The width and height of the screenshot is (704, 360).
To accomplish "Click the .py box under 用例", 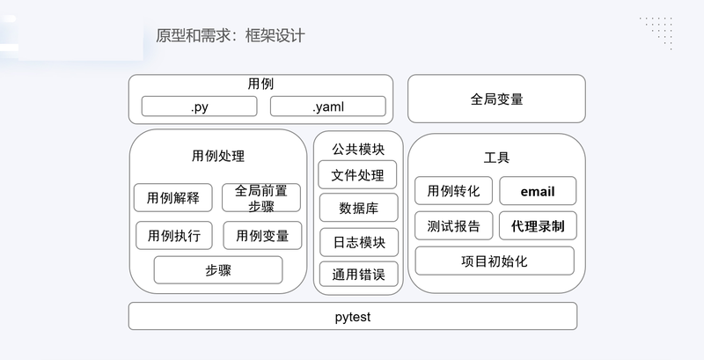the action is [200, 107].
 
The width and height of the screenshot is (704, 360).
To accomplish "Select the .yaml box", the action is [327, 107].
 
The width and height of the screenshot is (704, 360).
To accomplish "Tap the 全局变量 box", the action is [496, 99].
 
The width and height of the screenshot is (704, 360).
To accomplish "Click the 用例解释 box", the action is [172, 197].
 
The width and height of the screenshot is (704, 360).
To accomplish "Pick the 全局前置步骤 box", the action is [261, 197].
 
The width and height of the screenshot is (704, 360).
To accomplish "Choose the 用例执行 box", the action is [174, 235].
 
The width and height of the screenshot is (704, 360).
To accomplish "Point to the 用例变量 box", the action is [262, 235].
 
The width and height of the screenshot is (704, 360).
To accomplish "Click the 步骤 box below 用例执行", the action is [218, 269].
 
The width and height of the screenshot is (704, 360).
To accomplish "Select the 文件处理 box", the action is [357, 174].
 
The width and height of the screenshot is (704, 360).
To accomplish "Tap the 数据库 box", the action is [359, 208].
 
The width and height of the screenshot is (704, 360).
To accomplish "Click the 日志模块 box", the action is [359, 242].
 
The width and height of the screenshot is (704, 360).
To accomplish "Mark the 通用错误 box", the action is [359, 274].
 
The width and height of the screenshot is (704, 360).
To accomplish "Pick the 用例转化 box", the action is [453, 191].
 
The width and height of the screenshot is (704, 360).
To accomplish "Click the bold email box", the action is [538, 191].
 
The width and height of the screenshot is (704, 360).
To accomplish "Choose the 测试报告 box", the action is [454, 226].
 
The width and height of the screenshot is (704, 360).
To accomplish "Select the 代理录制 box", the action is [538, 226].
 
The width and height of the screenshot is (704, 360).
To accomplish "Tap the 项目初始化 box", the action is [495, 261].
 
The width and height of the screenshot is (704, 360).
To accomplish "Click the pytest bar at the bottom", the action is [353, 317].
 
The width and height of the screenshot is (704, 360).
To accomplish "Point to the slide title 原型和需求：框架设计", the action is [231, 35].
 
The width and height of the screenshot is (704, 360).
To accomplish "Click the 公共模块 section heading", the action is [358, 149].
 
